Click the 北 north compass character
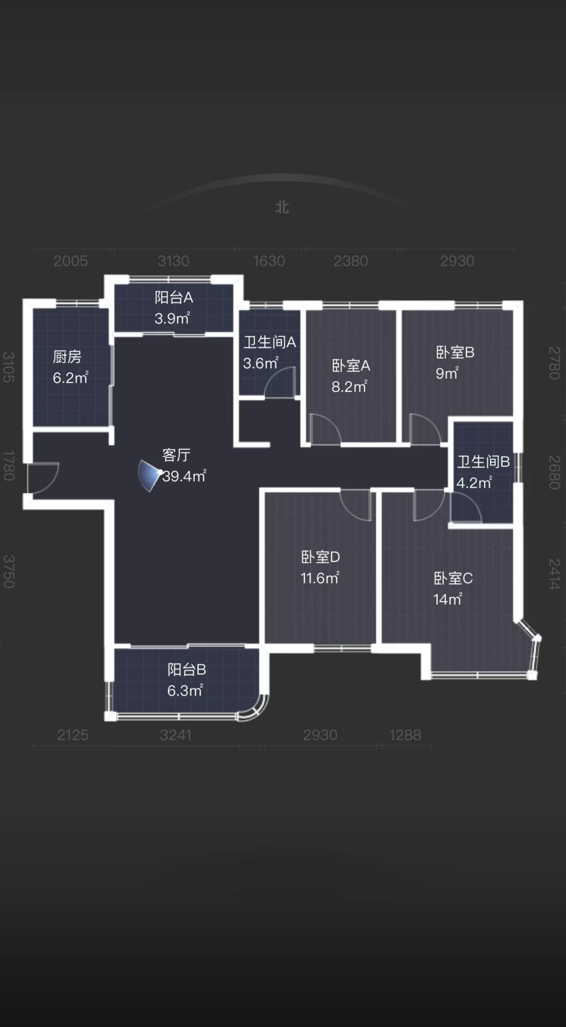coord(282,207)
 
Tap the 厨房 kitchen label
coord(67,357)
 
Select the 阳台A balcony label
coord(174,297)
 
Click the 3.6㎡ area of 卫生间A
coord(260,363)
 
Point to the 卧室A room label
coord(351,366)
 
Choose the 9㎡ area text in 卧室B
coord(447,373)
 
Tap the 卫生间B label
coord(483,462)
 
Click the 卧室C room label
coord(453,578)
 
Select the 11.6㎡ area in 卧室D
coord(320,578)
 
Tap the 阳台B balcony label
coord(186,669)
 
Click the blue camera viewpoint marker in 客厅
coord(149,475)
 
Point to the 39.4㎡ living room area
coord(184,476)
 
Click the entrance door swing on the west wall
coord(43,478)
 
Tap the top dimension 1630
coord(269,261)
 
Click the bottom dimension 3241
coord(176,735)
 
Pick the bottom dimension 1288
coord(405,735)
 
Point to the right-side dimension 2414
coord(554,574)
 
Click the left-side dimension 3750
coord(9,572)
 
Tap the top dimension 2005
coord(70,261)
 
